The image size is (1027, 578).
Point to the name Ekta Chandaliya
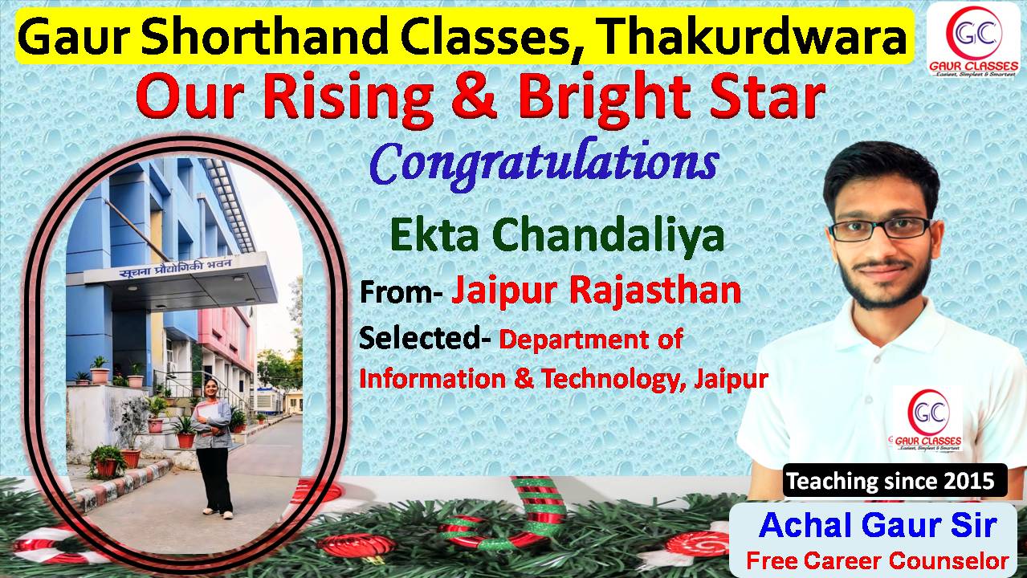pyautogui.click(x=557, y=237)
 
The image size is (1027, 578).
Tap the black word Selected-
pyautogui.click(x=425, y=340)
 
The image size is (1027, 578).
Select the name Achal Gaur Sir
pyautogui.click(x=878, y=525)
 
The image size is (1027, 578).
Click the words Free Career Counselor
pyautogui.click(x=878, y=561)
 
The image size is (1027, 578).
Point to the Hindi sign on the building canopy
pyautogui.click(x=176, y=268)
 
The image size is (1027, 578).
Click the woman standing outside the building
pyautogui.click(x=212, y=448)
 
